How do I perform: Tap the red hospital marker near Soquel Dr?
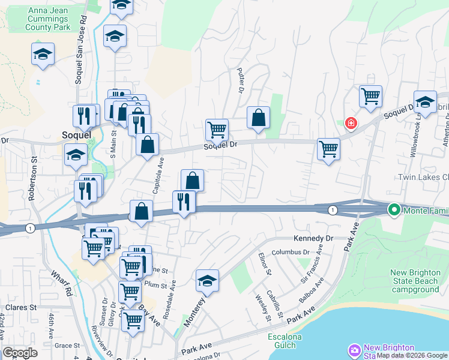351,124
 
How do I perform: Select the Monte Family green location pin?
394,210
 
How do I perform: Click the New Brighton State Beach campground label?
416,281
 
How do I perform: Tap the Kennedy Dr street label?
313,239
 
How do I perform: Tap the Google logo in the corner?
20,353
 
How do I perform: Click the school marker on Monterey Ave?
207,281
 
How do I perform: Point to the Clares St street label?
21,307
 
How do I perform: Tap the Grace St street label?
67,346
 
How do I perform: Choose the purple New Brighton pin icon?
354,350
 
